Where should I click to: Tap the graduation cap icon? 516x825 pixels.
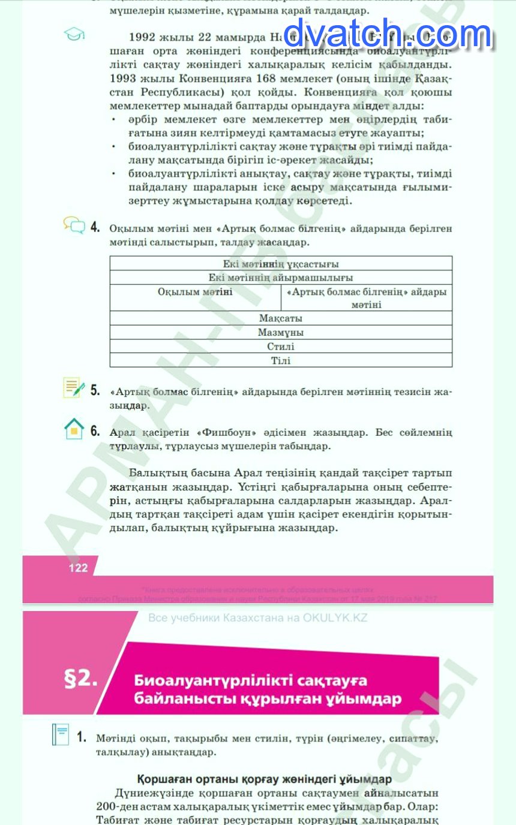point(74,35)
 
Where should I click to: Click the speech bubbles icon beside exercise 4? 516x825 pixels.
point(74,225)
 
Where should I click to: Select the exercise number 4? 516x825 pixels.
point(95,228)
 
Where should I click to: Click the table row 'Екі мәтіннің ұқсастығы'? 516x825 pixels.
point(281,264)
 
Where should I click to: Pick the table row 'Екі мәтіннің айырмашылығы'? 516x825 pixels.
point(281,278)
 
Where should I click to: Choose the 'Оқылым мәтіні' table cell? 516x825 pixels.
point(195,292)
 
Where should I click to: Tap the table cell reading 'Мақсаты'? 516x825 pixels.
point(281,318)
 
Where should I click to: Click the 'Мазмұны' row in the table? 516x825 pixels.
point(281,332)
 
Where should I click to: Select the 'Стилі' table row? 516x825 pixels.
point(281,347)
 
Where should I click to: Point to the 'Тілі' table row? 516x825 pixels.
point(281,360)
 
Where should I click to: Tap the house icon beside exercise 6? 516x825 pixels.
point(74,429)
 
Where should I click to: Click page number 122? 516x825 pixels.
point(78,568)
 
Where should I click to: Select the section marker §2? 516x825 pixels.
point(80,678)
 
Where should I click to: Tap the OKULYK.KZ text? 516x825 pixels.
point(335,618)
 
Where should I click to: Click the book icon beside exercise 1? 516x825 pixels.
point(61,734)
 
